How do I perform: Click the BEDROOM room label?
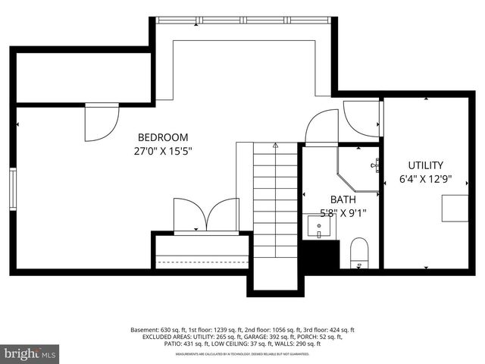162,137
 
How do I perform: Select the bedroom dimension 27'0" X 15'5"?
162,151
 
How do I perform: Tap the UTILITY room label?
426,165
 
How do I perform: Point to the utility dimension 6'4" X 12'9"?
426,180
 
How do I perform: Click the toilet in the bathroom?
358,252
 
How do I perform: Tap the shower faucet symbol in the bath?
375,164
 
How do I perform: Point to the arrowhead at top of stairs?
275,145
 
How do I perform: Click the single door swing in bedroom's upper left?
102,121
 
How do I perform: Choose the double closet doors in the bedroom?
206,215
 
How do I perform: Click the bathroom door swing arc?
321,127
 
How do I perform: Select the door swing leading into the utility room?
361,118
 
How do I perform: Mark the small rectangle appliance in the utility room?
455,208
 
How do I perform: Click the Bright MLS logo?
29,353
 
